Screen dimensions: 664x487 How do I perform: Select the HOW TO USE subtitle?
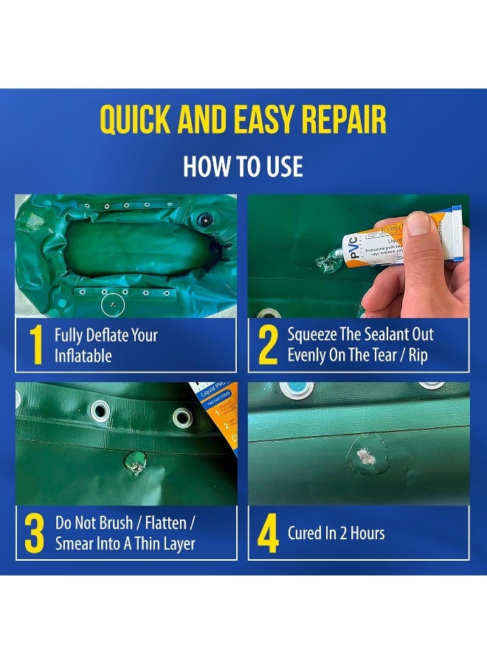tap(243, 166)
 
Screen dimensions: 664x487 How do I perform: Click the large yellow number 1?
tap(35, 345)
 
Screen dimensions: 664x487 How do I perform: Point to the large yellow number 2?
tap(267, 345)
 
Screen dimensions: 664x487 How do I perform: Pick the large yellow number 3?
tap(35, 533)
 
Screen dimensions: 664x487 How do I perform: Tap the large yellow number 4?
tap(267, 533)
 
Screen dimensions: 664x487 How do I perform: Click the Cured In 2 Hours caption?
tap(336, 533)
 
